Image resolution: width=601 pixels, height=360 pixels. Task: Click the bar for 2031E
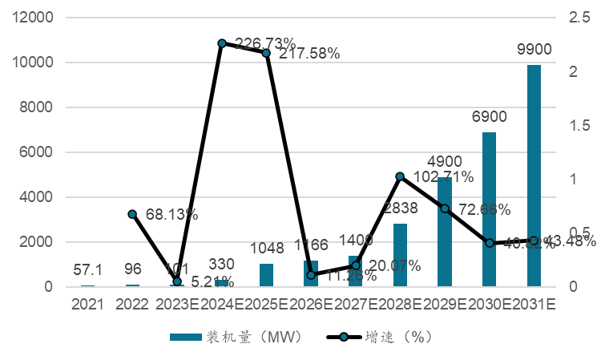(x=534, y=176)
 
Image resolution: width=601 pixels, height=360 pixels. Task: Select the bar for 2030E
(x=489, y=209)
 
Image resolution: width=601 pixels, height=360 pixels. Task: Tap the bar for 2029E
(x=444, y=232)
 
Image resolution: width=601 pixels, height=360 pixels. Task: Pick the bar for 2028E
(x=400, y=255)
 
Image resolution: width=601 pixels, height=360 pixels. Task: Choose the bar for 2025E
(x=266, y=275)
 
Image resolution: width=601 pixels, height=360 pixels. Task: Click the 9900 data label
(x=534, y=50)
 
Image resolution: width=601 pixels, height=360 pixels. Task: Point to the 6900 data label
(x=489, y=117)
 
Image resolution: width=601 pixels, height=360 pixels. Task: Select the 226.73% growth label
(x=265, y=43)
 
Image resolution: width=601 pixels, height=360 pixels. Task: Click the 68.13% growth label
(x=171, y=215)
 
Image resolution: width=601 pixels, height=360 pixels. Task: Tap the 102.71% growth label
(x=443, y=176)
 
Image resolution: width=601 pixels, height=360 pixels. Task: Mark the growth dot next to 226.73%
(x=222, y=43)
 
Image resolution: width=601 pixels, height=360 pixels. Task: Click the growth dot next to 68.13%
(x=133, y=214)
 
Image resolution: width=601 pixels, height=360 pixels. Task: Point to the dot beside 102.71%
(x=400, y=176)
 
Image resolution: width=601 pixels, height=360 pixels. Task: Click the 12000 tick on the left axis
(x=31, y=18)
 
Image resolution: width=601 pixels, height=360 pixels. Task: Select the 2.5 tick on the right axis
(x=577, y=18)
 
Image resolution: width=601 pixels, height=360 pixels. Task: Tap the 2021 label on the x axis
(x=87, y=305)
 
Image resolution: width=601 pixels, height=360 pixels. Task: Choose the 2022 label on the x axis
(x=132, y=305)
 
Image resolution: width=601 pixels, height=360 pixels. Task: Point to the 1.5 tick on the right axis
(x=577, y=125)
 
